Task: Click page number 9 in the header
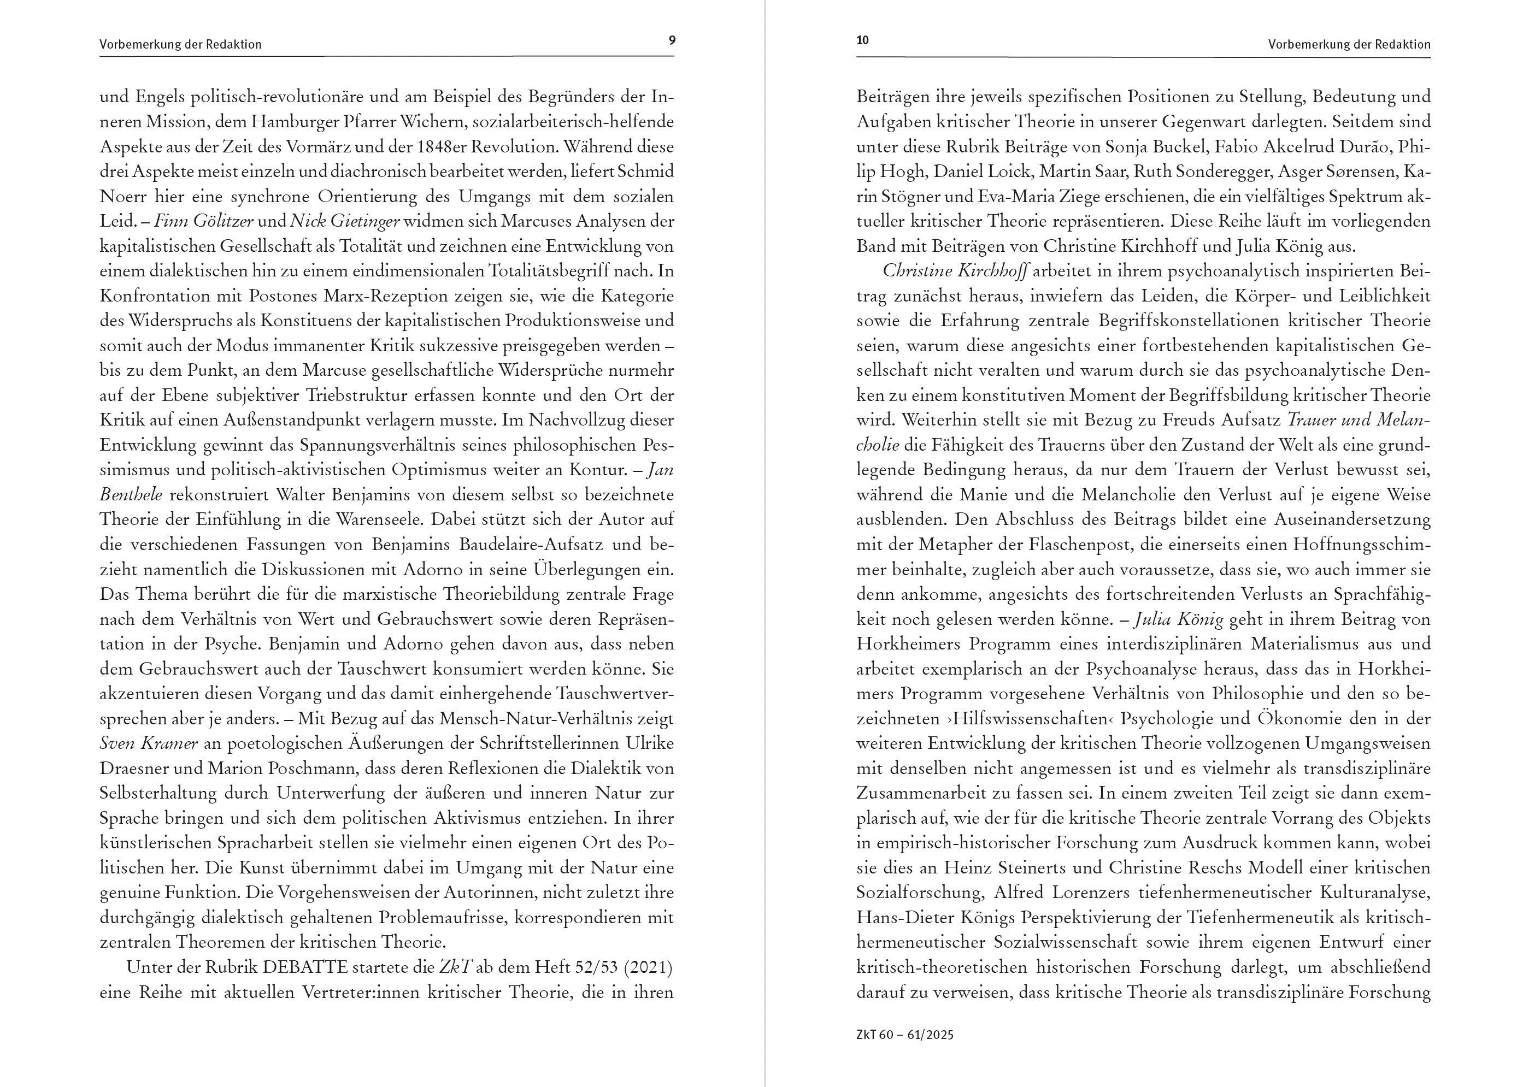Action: click(672, 40)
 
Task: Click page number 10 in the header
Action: click(862, 40)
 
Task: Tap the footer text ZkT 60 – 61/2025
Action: click(904, 1035)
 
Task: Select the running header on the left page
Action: click(180, 45)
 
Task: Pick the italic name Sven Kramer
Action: click(149, 743)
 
